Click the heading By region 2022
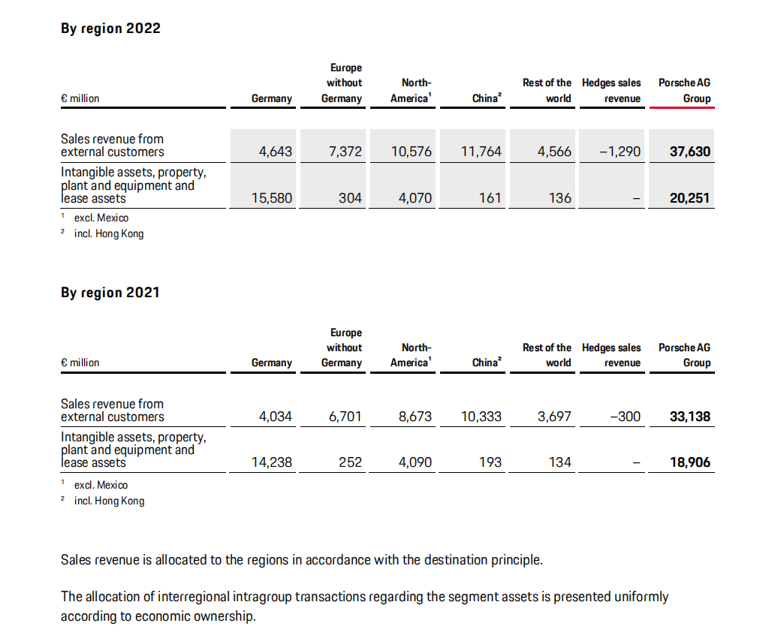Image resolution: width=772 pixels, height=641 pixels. pos(110,29)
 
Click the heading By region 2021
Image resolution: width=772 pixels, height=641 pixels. pos(110,293)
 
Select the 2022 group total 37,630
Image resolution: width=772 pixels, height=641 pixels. pos(689,152)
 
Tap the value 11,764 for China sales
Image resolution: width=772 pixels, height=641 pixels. pos(481,152)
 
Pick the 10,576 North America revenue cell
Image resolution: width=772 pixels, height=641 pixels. pos(412,152)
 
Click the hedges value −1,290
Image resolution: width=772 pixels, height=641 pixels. pos(620,152)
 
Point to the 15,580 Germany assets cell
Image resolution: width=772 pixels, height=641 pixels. pos(272,198)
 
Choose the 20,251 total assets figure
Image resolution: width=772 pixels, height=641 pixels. pos(689,198)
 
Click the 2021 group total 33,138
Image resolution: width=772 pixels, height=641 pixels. pos(689,417)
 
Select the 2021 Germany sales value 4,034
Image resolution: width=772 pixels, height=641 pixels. pos(275,417)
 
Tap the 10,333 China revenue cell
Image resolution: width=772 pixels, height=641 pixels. pos(481,417)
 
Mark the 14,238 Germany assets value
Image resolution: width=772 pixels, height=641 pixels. pos(272,462)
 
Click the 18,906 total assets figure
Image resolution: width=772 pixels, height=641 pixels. pos(689,462)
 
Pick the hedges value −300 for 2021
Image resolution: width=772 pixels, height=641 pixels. pos(626,417)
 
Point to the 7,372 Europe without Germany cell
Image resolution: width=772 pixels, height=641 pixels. pos(345,152)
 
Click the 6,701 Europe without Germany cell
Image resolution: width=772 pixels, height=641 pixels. pos(345,417)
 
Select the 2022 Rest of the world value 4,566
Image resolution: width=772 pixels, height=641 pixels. pos(554,152)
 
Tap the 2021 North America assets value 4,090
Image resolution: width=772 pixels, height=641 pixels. pos(415,462)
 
